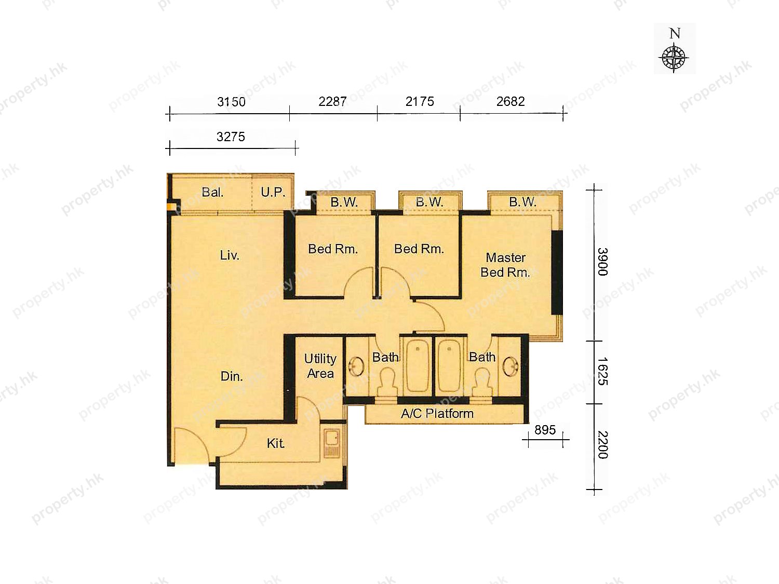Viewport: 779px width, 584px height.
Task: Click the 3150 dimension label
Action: pos(231,102)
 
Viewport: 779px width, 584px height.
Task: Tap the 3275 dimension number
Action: pos(231,137)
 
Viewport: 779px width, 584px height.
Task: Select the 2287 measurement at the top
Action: pos(332,101)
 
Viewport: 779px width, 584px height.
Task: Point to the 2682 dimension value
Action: pos(511,101)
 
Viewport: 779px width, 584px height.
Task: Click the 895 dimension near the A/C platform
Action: pos(545,430)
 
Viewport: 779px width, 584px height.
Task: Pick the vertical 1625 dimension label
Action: pos(602,371)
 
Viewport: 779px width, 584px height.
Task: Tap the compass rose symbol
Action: pos(674,58)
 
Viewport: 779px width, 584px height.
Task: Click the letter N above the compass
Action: pos(675,34)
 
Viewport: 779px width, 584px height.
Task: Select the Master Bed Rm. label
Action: pos(505,265)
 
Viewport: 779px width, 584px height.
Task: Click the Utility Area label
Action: pos(320,366)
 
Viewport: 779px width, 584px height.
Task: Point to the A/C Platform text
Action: pos(437,413)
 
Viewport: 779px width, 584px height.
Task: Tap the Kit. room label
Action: pos(276,443)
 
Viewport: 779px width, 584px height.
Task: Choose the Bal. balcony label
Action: pos(212,192)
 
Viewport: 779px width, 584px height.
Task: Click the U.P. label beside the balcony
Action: pos(273,192)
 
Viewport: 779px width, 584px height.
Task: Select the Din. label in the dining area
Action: pos(232,376)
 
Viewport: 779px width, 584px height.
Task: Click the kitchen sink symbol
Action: pos(332,443)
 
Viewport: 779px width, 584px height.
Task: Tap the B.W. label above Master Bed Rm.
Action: pos(522,202)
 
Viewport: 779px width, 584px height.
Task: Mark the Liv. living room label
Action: pos(230,255)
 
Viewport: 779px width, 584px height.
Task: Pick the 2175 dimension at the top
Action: pos(420,101)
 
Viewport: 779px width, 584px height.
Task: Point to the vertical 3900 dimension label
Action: pos(602,262)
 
